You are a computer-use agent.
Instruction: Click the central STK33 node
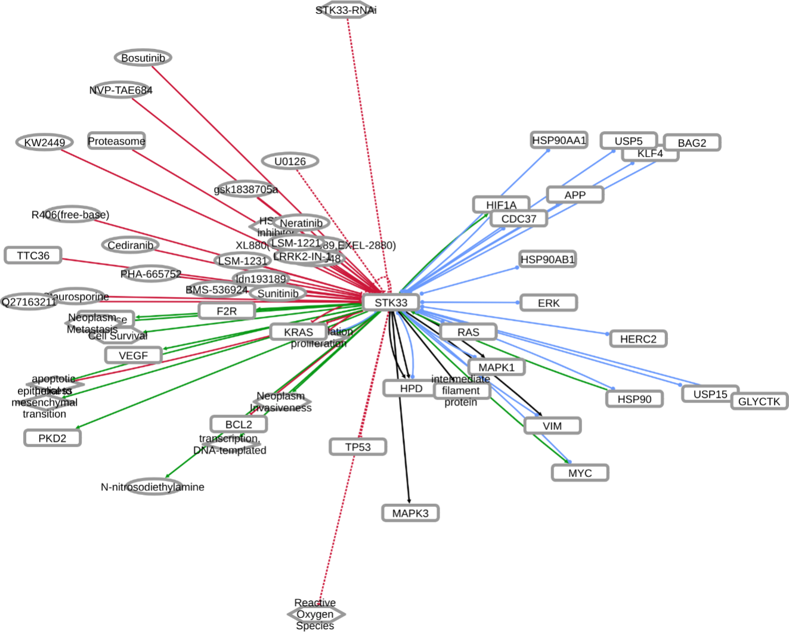point(391,302)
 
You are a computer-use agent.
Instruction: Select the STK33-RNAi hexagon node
point(346,10)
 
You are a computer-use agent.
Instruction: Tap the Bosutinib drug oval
point(143,58)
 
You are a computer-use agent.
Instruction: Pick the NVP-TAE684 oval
point(121,90)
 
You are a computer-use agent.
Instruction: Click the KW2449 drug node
point(45,142)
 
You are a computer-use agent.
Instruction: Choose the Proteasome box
point(116,141)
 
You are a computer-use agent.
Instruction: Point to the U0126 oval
point(290,162)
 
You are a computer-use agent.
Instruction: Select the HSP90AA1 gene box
point(559,140)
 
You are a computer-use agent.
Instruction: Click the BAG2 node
point(692,143)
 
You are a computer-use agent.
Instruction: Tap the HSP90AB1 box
point(547,259)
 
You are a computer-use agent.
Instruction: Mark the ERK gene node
point(549,303)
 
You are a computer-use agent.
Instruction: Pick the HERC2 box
point(638,339)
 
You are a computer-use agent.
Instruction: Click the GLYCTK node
point(759,401)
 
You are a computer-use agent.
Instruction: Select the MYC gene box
point(580,473)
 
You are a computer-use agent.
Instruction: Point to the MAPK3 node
point(410,513)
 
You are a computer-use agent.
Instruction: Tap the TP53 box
point(358,447)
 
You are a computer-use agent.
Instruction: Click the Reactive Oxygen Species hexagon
point(315,614)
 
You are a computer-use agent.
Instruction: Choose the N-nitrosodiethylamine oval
point(153,487)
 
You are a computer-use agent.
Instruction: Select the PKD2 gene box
point(52,438)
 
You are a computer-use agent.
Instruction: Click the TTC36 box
point(33,256)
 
